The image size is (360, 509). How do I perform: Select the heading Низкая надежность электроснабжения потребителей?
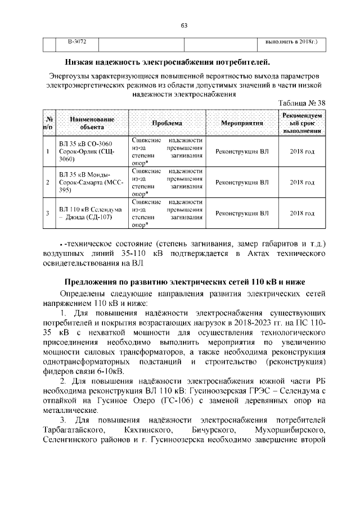(168, 61)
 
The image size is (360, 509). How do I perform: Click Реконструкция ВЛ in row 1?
(242, 151)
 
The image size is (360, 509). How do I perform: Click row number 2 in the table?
(48, 182)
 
